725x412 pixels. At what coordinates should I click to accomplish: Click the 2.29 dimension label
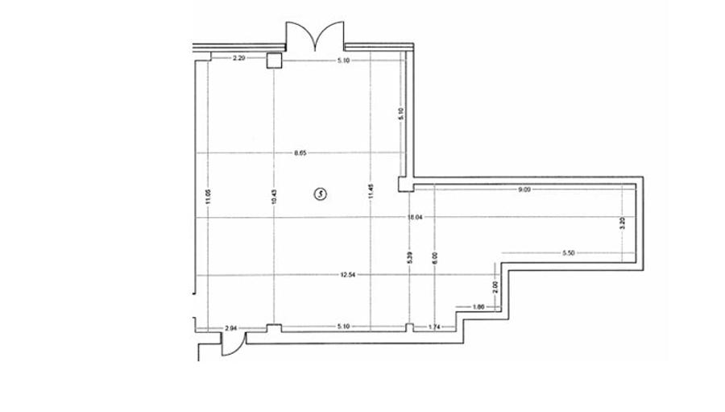[238, 58]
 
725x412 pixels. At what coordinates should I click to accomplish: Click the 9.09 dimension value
[524, 189]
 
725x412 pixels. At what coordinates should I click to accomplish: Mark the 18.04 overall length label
[416, 217]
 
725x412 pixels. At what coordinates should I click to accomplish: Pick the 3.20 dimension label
[621, 225]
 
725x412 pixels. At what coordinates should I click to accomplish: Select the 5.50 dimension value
[569, 254]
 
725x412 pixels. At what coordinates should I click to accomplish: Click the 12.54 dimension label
[348, 275]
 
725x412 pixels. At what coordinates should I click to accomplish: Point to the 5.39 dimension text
[411, 260]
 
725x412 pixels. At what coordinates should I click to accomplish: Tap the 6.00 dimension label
[434, 260]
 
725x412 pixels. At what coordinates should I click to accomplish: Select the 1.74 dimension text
[435, 327]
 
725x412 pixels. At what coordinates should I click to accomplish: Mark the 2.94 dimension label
[231, 327]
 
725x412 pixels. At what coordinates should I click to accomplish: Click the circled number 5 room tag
[320, 194]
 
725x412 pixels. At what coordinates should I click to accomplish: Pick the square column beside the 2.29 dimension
[275, 60]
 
